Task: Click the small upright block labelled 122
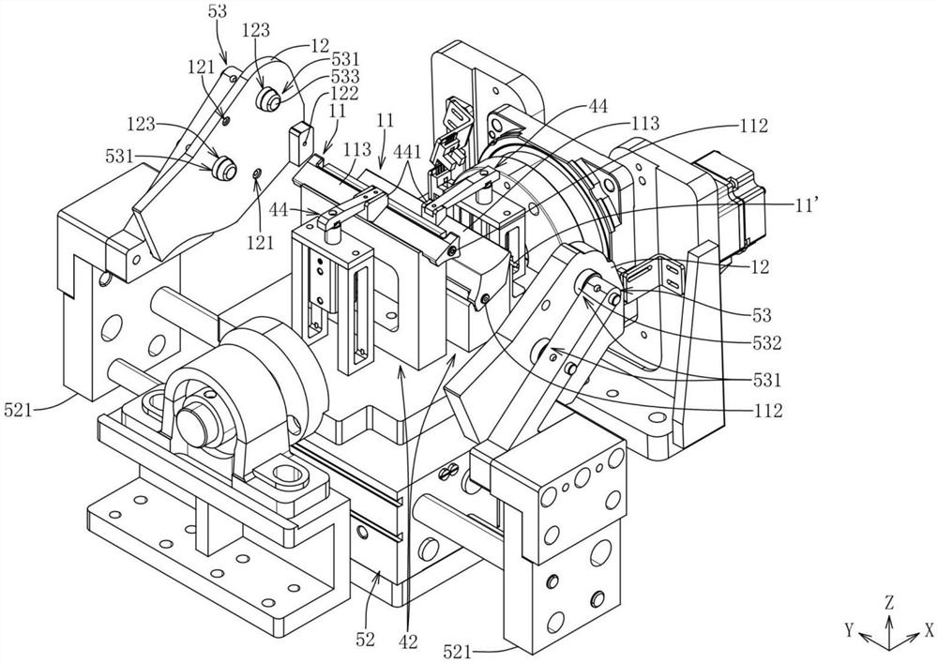(300, 139)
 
